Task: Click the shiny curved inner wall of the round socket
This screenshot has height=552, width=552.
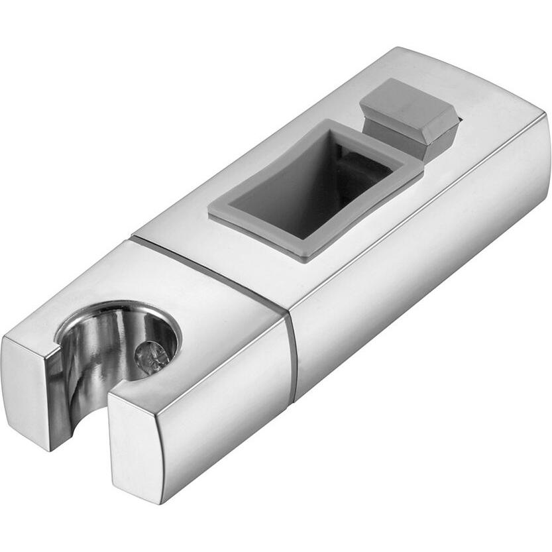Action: pyautogui.click(x=99, y=358)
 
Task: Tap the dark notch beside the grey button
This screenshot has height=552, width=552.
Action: pyautogui.click(x=457, y=123)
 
